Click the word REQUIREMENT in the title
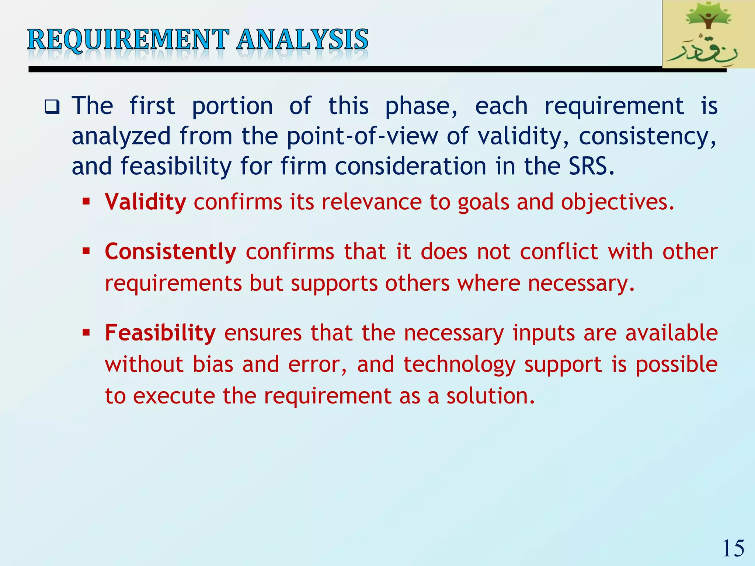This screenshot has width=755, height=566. point(128,39)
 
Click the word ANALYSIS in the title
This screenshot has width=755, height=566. point(302,39)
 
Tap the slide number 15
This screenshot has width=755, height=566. point(733,548)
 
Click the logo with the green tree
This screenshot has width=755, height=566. point(708,34)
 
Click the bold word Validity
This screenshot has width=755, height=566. point(145,202)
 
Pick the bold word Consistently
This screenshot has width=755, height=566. point(170,252)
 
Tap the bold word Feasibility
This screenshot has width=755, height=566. point(160,333)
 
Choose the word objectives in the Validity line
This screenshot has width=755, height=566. point(617,202)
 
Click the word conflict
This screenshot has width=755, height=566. point(559,252)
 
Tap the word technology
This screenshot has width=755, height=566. point(459,364)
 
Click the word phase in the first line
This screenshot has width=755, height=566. point(421,106)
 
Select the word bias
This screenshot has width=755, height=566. point(213,364)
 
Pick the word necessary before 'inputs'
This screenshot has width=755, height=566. point(453,333)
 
